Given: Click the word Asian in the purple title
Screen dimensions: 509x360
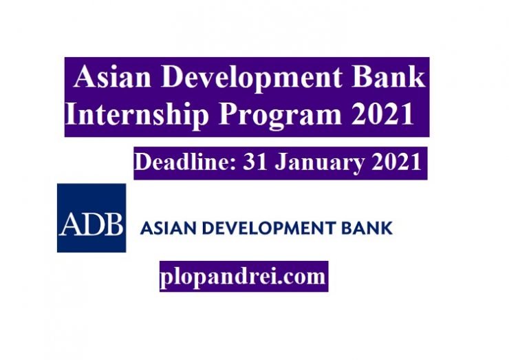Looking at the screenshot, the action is tap(112, 76).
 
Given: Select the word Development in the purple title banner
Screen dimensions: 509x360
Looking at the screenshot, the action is tap(251, 78).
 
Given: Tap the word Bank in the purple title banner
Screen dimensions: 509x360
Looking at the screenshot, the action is tap(389, 76).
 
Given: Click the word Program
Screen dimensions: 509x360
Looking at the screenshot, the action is tap(280, 116).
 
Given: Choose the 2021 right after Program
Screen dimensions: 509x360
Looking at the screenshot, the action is tap(382, 114).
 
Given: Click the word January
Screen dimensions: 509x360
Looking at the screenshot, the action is tap(319, 163).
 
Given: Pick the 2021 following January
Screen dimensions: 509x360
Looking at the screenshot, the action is tap(396, 162).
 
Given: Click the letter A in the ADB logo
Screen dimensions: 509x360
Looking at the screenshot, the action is tap(69, 224).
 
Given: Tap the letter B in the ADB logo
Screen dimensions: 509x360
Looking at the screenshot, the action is tap(112, 224).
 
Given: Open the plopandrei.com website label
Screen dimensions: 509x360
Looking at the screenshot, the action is tap(243, 277).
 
